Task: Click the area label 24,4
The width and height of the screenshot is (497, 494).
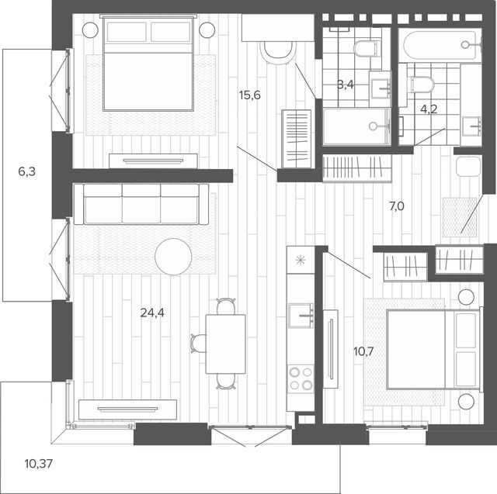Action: coord(152,313)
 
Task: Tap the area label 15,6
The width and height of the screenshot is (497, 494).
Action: coord(250,95)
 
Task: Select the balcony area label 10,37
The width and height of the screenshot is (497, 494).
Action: coord(38,464)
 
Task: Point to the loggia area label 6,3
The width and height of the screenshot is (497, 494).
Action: coord(27,172)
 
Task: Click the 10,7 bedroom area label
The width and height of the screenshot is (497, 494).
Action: coord(364,351)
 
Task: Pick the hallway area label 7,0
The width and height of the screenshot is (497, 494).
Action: coord(397,206)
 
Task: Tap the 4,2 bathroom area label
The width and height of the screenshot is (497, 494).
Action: coord(429,109)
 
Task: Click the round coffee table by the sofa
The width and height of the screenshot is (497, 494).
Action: coord(173,257)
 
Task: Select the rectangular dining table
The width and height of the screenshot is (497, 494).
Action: coord(225,344)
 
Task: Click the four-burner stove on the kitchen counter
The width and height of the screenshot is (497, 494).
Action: coord(301,378)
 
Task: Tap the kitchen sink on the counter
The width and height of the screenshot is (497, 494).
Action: coord(301,316)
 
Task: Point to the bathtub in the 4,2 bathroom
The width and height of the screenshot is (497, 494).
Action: coord(440,45)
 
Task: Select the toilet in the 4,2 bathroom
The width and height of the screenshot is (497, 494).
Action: coord(422,85)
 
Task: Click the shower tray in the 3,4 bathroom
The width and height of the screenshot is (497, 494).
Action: coord(356,126)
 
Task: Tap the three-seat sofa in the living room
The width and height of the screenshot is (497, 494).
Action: coord(141,204)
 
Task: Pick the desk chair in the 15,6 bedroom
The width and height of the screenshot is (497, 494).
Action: coord(278,52)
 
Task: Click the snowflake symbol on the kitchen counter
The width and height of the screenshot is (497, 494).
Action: coord(300,260)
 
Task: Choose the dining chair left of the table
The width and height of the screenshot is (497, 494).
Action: coord(199,344)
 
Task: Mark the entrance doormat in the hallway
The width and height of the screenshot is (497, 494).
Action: coord(460,217)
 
